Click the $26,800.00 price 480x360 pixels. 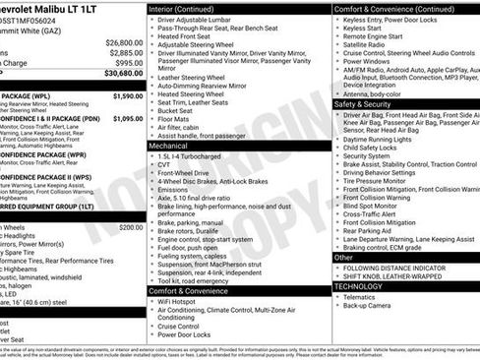(x=124, y=43)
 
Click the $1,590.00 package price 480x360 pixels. (x=128, y=96)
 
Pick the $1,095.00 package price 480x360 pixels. (x=128, y=118)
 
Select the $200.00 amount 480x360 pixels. (x=131, y=227)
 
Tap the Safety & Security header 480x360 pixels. (x=361, y=104)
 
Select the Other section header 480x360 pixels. (x=343, y=258)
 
